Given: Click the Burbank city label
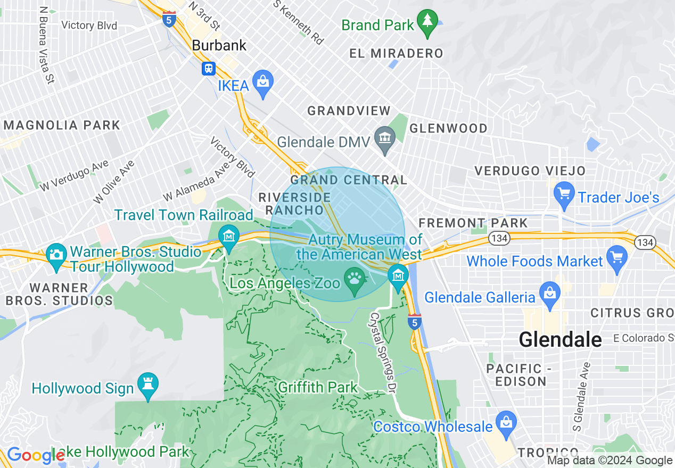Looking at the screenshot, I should pyautogui.click(x=219, y=46).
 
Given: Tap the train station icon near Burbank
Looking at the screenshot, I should pyautogui.click(x=208, y=68).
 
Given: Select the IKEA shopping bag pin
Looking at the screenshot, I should pyautogui.click(x=262, y=82).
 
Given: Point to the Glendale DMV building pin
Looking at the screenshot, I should pyautogui.click(x=384, y=139).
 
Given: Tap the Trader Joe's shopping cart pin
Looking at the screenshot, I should pyautogui.click(x=563, y=194).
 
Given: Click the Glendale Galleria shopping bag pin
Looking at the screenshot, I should pyautogui.click(x=549, y=294).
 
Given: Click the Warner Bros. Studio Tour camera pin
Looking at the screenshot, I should pyautogui.click(x=56, y=254).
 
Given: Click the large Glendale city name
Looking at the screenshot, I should pyautogui.click(x=560, y=339).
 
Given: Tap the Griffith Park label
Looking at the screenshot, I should pyautogui.click(x=318, y=387).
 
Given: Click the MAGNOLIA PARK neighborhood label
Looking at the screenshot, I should pyautogui.click(x=62, y=126).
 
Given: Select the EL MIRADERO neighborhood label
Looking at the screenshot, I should pyautogui.click(x=396, y=53).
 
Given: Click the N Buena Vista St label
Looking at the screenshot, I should pyautogui.click(x=46, y=45).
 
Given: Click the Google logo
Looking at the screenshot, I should pyautogui.click(x=35, y=455).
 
